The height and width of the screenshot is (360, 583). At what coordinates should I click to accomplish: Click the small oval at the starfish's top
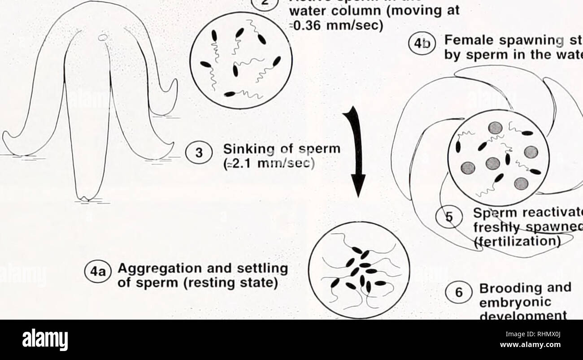(104, 38)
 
